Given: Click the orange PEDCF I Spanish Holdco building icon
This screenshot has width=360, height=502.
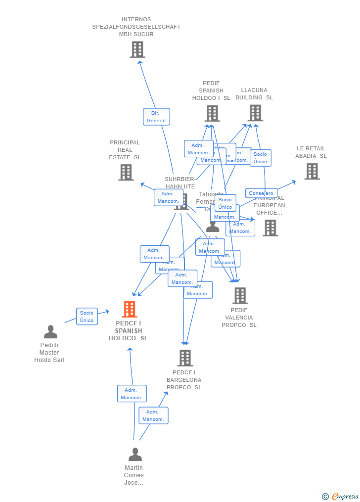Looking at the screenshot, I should coord(130,309).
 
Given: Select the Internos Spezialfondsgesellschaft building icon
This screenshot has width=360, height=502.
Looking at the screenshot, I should coord(137,49).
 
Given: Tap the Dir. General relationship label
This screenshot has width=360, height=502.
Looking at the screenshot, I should coord(156,117).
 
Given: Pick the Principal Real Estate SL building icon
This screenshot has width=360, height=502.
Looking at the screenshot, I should coord(126,172).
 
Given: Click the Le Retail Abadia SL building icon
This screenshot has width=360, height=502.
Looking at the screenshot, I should coord(312,171).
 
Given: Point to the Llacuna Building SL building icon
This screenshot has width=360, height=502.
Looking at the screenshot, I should coord(255,113).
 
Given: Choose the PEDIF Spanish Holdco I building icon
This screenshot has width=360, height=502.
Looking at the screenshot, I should coord(212,113).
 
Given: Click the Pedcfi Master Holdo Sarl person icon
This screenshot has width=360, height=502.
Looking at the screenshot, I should coord(50,332).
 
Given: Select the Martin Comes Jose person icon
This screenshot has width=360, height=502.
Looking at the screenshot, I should coord(135,454).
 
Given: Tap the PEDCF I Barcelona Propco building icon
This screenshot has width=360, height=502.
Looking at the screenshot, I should coord(185,358).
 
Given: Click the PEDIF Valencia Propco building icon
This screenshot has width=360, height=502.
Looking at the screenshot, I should coord(240,295).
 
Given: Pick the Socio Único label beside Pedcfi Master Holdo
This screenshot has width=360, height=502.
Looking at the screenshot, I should coord(87,317).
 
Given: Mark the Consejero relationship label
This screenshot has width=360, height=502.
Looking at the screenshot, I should coord(261,193).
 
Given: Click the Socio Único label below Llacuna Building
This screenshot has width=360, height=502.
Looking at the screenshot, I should coord(260,158).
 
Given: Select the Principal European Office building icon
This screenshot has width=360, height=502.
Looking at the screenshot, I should coord(270,228).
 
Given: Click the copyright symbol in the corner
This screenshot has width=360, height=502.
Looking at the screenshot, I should coord(325,497).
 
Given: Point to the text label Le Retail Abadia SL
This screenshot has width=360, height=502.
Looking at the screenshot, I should coord(311,152).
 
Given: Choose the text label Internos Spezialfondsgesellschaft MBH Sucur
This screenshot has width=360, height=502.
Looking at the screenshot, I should coord(136,27).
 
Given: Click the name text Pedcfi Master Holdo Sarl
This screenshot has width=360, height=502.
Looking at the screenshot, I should coord(49,353).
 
